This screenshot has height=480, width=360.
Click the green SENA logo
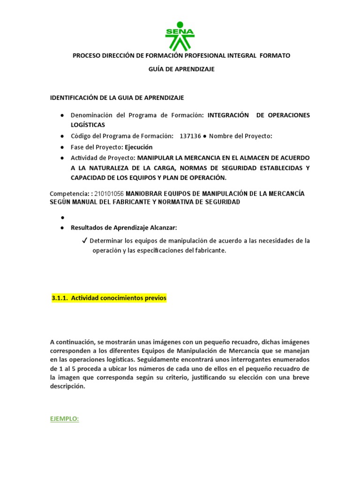pos(180,36)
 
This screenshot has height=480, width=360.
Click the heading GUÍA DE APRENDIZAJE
pos(181,69)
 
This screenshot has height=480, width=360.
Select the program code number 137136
pos(190,136)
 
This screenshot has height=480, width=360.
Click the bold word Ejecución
pos(138,147)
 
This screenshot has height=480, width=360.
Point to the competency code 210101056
pos(109,194)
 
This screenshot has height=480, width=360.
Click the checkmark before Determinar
pos(84,241)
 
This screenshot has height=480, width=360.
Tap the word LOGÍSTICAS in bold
pos(88,125)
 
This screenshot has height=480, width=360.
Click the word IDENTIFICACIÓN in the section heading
pos(72,97)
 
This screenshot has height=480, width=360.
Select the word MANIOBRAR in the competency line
pos(143,194)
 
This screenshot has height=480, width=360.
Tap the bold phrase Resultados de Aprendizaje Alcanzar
pos(124,228)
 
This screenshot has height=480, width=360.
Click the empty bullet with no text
pos(62,217)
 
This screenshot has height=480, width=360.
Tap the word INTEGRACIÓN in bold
pos(227,115)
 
